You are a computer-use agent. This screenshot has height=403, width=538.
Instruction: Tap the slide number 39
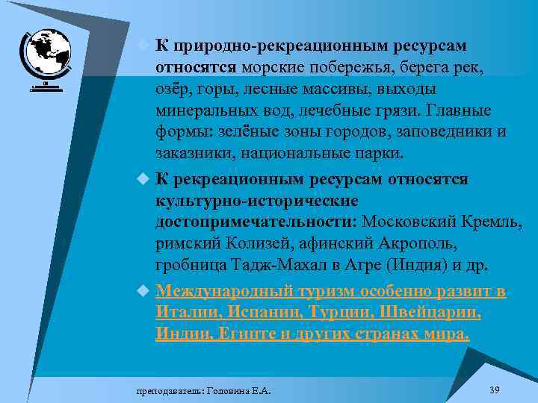click(x=493, y=390)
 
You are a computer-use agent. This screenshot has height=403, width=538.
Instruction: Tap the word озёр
click(x=173, y=90)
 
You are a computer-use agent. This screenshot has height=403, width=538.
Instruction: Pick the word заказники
click(x=190, y=154)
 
